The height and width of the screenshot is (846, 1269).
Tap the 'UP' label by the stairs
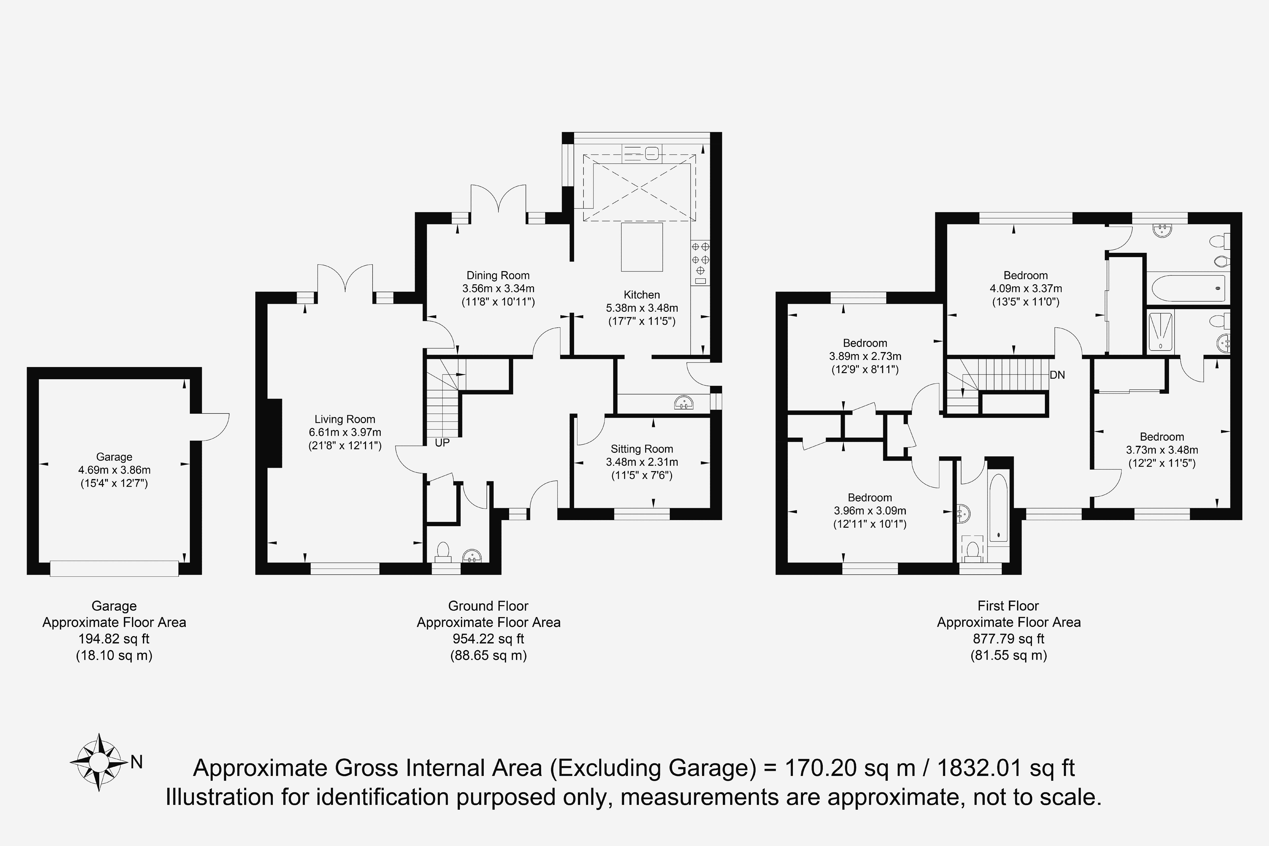[x=442, y=443]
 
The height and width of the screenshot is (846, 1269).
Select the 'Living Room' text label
[x=345, y=419]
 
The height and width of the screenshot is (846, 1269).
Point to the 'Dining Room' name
[x=498, y=275]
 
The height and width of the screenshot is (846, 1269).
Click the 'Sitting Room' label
[x=642, y=449]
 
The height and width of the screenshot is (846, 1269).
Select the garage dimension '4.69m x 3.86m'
[x=114, y=470]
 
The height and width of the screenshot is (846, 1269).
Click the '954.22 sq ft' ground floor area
[x=488, y=639]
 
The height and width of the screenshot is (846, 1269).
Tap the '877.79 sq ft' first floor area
[x=1008, y=639]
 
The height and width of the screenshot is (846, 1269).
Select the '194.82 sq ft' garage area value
[x=114, y=639]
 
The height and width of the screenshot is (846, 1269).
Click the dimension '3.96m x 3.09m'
[x=870, y=510]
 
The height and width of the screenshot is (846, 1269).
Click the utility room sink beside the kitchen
[x=683, y=403]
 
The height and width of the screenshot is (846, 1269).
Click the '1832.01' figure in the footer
[x=979, y=768]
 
